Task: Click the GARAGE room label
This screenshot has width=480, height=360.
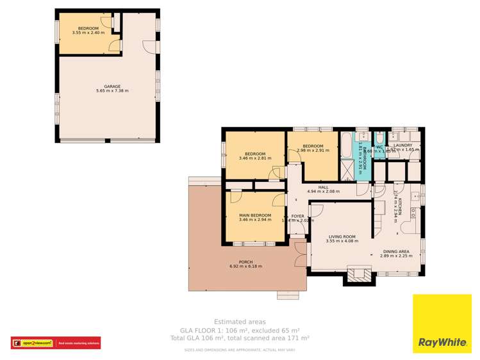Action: [112, 86]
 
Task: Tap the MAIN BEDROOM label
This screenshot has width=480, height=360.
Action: [255, 215]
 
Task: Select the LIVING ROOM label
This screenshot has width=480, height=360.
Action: [342, 236]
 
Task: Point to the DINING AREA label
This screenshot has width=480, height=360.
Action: [396, 251]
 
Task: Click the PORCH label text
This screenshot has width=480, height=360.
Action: [245, 261]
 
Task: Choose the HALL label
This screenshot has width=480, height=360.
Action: [323, 187]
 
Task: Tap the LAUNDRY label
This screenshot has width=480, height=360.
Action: [403, 145]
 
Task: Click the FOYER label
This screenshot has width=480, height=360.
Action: [298, 217]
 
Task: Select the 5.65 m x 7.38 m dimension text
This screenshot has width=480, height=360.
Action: [112, 91]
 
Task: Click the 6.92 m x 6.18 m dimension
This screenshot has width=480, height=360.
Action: [245, 266]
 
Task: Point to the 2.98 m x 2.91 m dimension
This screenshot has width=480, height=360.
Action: [313, 151]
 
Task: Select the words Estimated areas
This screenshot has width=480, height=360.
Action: [240, 322]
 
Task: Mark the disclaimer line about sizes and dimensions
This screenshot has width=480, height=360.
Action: [240, 350]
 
